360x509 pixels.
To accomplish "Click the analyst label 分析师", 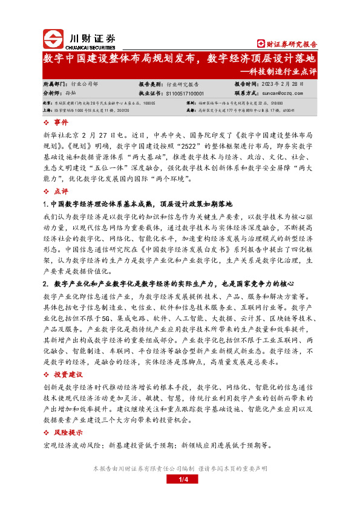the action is coord(53,94).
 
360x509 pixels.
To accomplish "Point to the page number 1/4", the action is coord(180,479).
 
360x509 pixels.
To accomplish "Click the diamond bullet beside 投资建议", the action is coord(48,374).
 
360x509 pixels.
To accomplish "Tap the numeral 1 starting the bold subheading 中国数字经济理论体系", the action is coord(45,204).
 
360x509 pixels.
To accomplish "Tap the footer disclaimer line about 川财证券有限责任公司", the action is coord(180,468).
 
